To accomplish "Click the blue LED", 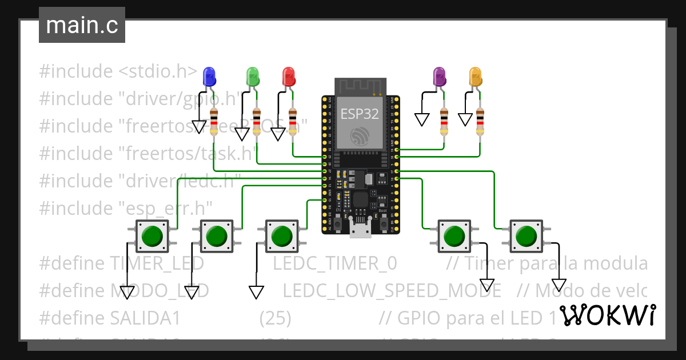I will point(209,75).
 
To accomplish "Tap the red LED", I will point(289,75).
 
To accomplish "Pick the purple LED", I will point(439,75).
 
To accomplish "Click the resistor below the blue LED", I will point(214,121).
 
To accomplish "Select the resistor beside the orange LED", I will point(480,121).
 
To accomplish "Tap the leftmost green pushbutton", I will point(152,235).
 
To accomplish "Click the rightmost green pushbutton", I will point(526,235).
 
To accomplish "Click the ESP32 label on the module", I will point(360,113).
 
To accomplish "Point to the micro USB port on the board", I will point(360,230).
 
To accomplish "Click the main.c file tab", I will point(82,26).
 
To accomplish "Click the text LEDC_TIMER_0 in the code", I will point(334,263).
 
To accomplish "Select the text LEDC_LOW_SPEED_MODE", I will point(392,290).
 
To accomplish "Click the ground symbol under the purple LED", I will point(422,119).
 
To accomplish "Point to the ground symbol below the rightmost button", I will point(559,285).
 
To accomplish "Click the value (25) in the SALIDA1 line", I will point(275,318).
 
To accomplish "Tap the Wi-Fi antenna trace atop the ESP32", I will point(360,86).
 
